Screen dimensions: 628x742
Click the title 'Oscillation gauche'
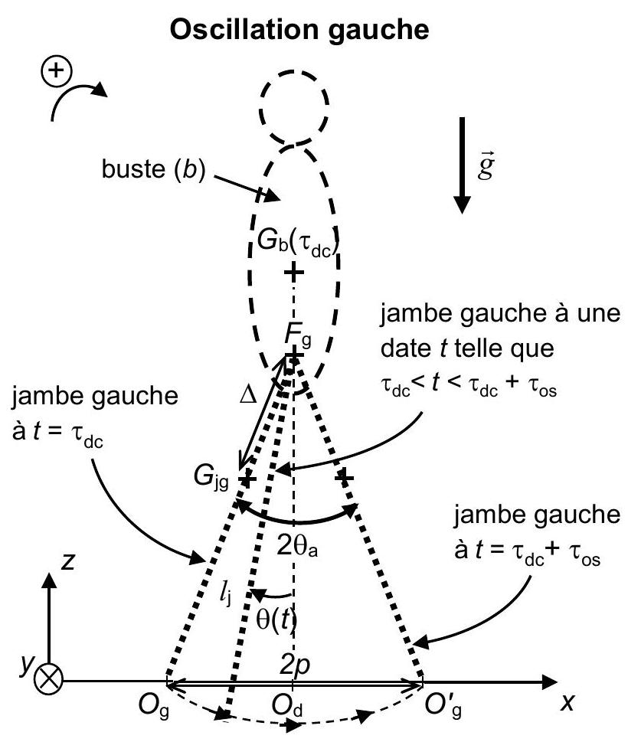pos(299,31)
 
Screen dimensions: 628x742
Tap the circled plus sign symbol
pos(57,71)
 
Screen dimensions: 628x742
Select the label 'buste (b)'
pos(154,169)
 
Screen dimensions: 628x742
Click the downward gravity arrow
pos(462,165)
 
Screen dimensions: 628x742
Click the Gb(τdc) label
pos(298,243)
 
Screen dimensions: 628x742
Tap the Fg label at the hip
pos(298,334)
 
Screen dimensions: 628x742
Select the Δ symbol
pos(248,394)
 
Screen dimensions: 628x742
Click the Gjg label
pos(211,476)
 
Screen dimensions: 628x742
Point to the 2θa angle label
pos(297,547)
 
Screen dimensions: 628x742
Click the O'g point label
pos(443,706)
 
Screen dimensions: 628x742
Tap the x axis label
pos(567,702)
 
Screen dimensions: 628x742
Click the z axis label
pos(68,562)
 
